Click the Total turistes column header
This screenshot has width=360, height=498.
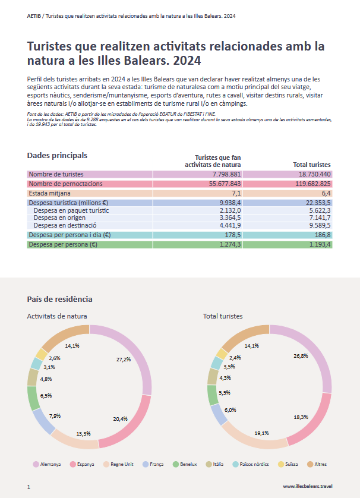point(312,165)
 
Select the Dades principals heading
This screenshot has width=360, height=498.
point(57,156)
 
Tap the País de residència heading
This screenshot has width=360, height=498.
point(59,299)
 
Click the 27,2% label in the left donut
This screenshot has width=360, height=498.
point(124,359)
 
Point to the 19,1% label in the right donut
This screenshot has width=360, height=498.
point(262,433)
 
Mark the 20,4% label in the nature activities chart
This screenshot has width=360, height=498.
point(120,418)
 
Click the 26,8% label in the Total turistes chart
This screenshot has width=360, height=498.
point(301,355)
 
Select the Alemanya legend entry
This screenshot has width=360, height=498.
point(47,464)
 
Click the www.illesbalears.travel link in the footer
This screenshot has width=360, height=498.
point(307,486)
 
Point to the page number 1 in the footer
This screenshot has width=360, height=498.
point(29,487)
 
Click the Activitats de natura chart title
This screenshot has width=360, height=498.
point(57,316)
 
